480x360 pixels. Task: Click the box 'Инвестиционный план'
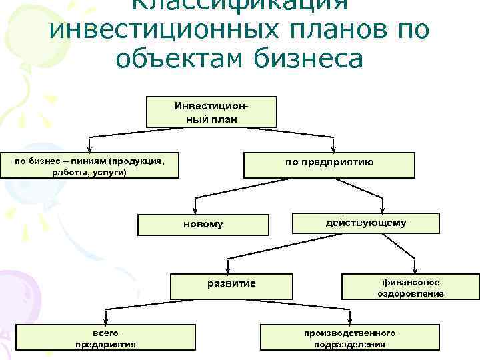pos(211,113)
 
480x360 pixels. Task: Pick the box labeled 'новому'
pos(203,225)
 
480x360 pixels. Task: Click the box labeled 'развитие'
pos(231,285)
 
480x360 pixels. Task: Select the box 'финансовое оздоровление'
pos(410,287)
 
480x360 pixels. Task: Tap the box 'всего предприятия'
pos(105,338)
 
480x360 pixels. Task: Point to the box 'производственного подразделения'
pos(349,338)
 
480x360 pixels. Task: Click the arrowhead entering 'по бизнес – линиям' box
pos(90,149)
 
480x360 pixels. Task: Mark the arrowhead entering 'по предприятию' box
pos(333,150)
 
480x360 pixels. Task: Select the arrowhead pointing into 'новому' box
pos(195,210)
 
